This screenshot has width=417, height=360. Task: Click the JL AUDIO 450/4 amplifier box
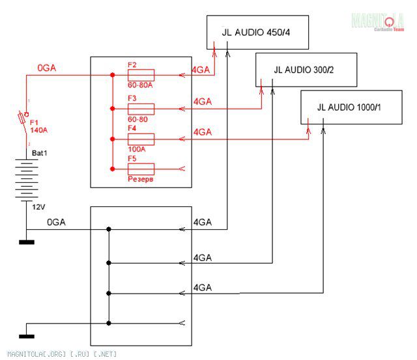(x=257, y=32)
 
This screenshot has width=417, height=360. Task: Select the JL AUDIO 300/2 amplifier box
(x=306, y=69)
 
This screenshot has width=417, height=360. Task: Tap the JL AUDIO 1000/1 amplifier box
(x=351, y=107)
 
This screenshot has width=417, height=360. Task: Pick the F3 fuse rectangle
(x=141, y=108)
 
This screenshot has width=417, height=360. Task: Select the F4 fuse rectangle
(x=141, y=139)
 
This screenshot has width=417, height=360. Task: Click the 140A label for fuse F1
(x=40, y=129)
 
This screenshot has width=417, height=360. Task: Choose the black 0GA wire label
(x=56, y=223)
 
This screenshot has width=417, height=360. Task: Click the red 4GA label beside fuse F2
(x=201, y=70)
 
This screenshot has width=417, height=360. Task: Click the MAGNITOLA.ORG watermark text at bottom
(x=59, y=354)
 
